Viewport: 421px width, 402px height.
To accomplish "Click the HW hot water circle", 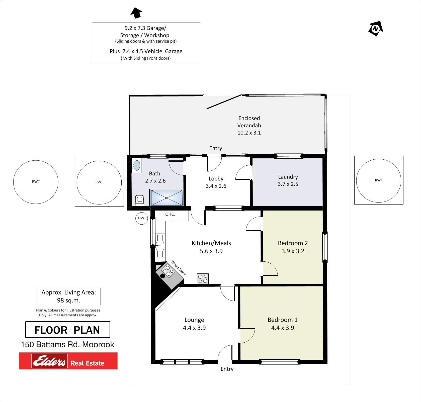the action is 141,218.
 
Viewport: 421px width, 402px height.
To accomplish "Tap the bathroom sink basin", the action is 136,165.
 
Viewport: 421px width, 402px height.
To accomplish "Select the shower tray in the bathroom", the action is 166,198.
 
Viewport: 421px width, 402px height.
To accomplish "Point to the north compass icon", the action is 376,29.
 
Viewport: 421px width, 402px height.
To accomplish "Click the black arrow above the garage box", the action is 136,13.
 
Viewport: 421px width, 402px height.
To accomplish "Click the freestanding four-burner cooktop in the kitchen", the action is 203,278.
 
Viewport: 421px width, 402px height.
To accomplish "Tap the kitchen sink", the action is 160,246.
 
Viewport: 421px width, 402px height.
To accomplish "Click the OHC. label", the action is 170,214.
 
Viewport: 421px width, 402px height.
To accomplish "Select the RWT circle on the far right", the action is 379,180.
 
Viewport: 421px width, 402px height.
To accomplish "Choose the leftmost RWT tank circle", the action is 36,181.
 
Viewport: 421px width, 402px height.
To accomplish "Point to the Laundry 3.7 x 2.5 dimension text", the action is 288,184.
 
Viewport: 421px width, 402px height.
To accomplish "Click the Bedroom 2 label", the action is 293,243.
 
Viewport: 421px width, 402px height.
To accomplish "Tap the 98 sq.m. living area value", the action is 68,300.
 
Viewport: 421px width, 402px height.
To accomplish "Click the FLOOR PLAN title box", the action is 68,330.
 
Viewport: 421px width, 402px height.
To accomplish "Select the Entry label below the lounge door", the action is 227,369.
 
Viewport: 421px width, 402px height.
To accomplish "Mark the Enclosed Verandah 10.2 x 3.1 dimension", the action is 249,133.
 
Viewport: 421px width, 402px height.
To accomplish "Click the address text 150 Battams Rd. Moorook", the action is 67,345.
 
